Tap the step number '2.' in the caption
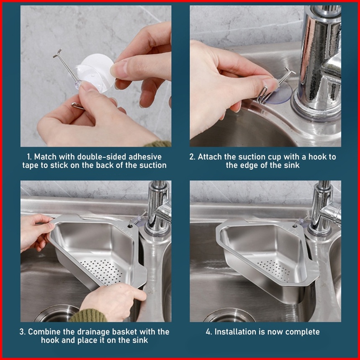[x=192, y=157]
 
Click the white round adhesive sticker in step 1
[x=98, y=72]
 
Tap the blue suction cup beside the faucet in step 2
[x=280, y=93]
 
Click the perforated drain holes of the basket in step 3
[x=102, y=271]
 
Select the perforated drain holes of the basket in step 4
[x=274, y=270]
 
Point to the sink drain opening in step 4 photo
[x=229, y=316]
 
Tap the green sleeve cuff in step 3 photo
[x=88, y=316]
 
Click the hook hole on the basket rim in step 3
[x=130, y=226]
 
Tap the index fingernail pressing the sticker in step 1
[x=117, y=69]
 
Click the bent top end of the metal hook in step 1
[x=57, y=53]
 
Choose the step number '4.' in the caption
[x=209, y=332]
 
